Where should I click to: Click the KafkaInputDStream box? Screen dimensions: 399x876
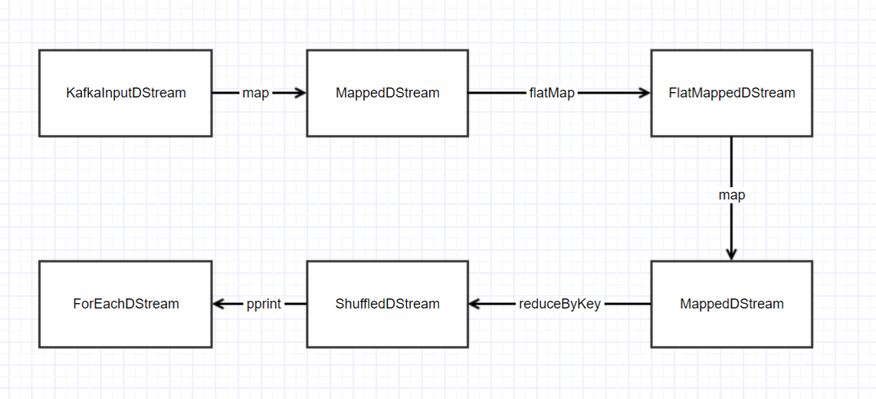[126, 93]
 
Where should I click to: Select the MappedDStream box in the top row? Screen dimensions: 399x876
[387, 93]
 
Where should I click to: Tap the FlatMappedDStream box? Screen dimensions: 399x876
[731, 93]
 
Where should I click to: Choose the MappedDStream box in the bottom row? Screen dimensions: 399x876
[731, 304]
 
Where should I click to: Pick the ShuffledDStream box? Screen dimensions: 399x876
[387, 304]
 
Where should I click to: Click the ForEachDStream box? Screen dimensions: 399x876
[126, 304]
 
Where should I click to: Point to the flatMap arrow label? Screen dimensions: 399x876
[552, 93]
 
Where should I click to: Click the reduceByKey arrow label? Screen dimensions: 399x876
[559, 304]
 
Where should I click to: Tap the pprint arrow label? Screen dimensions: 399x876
[264, 304]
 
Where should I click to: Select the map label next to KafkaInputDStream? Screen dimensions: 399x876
[255, 93]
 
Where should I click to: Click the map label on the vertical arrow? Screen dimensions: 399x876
[731, 195]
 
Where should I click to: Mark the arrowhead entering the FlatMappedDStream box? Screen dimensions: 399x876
[644, 93]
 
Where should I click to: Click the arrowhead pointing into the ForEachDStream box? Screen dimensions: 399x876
[219, 304]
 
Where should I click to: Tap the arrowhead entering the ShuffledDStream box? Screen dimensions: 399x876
[475, 304]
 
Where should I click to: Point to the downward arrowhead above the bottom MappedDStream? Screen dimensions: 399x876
[731, 253]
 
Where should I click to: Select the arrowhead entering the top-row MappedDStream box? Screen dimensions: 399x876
[300, 93]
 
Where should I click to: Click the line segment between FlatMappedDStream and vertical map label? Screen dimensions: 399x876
[731, 161]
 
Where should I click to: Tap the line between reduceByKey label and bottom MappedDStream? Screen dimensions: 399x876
[627, 304]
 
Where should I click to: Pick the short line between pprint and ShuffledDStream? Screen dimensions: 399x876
[295, 304]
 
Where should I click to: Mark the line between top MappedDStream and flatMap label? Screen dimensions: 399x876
[497, 93]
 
